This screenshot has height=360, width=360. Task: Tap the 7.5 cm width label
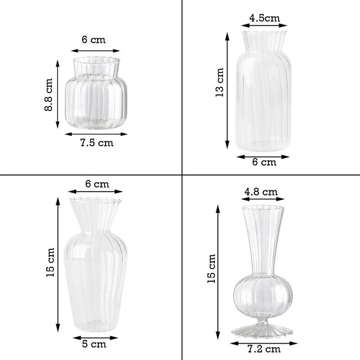97,143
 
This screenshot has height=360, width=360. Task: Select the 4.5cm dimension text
265,18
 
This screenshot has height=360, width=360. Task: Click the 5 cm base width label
95,344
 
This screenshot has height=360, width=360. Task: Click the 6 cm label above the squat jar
94,40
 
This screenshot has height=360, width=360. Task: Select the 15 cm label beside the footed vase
212,268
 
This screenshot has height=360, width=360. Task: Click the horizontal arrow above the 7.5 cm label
95,134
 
